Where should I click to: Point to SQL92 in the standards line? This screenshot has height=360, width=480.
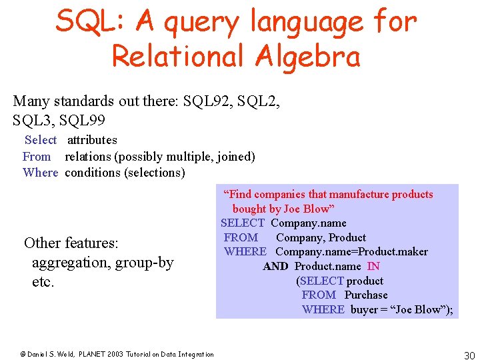(x=217, y=101)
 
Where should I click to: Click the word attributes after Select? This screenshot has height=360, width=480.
(x=92, y=140)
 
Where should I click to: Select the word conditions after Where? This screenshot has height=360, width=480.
(x=93, y=173)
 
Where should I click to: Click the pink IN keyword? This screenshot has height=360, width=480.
(x=373, y=266)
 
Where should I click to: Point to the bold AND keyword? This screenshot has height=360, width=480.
(x=275, y=266)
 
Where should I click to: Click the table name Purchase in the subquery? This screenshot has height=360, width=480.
(x=366, y=295)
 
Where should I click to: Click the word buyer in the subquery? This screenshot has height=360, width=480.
(x=364, y=309)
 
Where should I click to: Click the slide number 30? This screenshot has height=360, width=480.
(x=469, y=355)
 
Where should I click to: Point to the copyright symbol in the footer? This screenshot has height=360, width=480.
(x=22, y=355)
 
